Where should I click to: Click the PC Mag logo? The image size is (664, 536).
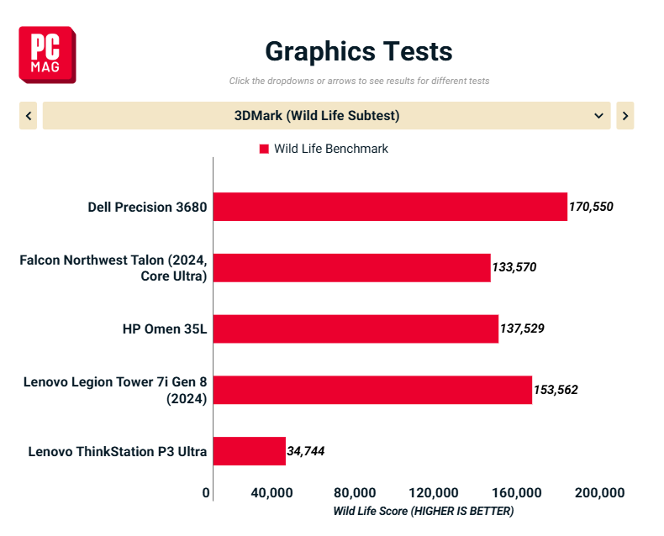[47, 55]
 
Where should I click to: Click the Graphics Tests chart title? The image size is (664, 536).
[359, 51]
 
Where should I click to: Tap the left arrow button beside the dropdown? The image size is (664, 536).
[29, 116]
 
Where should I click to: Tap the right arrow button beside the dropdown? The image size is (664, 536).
[624, 116]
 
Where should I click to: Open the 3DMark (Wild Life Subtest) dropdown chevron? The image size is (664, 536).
[598, 116]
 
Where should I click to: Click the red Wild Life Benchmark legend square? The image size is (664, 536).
[264, 149]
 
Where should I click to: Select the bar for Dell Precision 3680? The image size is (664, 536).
[390, 207]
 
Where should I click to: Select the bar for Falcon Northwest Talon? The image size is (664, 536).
[351, 268]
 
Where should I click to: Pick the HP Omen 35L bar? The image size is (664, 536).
[356, 328]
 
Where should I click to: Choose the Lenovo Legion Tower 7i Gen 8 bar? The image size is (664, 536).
[372, 390]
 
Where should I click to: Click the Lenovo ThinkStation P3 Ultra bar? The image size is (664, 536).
[250, 451]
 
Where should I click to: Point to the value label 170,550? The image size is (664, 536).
[592, 207]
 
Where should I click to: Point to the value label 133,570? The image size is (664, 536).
[514, 268]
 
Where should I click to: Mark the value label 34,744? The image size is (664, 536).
[306, 451]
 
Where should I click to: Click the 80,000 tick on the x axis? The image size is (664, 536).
[355, 492]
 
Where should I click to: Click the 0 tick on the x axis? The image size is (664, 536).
[207, 492]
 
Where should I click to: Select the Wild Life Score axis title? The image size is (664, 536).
[423, 511]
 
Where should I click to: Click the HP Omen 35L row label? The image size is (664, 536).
[165, 328]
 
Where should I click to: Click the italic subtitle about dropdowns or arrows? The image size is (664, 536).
[359, 81]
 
